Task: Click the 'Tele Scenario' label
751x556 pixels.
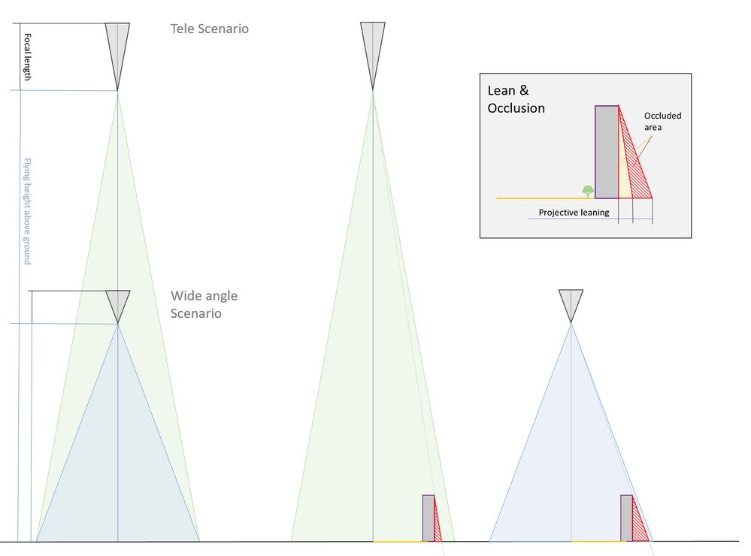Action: tap(209, 29)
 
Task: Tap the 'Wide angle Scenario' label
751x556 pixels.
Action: tap(204, 304)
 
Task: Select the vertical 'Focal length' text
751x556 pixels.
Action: tap(28, 57)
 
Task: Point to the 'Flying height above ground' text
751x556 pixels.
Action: tap(27, 211)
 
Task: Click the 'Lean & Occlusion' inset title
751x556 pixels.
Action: tap(516, 99)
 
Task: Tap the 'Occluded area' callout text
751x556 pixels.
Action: tap(662, 122)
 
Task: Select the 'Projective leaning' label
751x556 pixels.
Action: tap(574, 213)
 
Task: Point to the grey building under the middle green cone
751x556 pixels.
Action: tap(428, 518)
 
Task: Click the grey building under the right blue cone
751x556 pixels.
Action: tap(625, 518)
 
